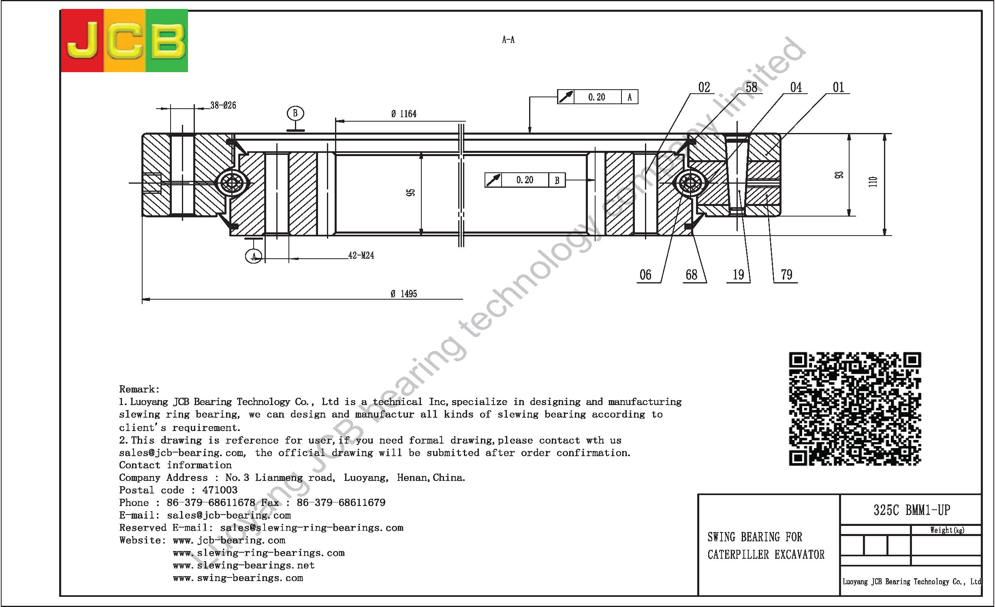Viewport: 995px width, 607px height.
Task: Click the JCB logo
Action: coord(124,41)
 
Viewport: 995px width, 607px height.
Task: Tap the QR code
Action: coord(855,409)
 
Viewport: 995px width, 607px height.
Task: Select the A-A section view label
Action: coord(508,40)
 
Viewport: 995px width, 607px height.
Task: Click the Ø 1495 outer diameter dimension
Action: coord(404,294)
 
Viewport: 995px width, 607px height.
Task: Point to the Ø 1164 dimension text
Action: coord(404,114)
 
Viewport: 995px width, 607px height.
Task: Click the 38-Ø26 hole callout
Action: coord(223,105)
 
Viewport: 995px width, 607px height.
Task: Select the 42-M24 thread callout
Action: coord(361,255)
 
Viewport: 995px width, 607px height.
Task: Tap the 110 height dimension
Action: coord(873,181)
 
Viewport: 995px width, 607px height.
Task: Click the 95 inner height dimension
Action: coord(411,193)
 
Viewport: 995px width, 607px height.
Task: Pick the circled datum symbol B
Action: coord(295,113)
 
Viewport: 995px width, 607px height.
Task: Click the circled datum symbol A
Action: coord(254,256)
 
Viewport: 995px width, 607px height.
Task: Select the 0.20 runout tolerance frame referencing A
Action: coord(598,97)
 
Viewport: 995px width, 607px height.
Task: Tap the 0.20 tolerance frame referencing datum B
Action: coord(525,180)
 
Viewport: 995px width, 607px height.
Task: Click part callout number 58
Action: coord(752,87)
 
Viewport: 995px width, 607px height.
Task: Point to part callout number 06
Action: coord(645,275)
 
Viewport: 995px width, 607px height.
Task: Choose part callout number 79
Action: coord(786,275)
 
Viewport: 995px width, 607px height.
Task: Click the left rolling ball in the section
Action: coord(232,183)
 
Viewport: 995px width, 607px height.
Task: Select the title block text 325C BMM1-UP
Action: coord(912,510)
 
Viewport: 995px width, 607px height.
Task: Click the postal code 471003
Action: coord(220,490)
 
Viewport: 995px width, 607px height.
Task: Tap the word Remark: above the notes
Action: coord(139,389)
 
